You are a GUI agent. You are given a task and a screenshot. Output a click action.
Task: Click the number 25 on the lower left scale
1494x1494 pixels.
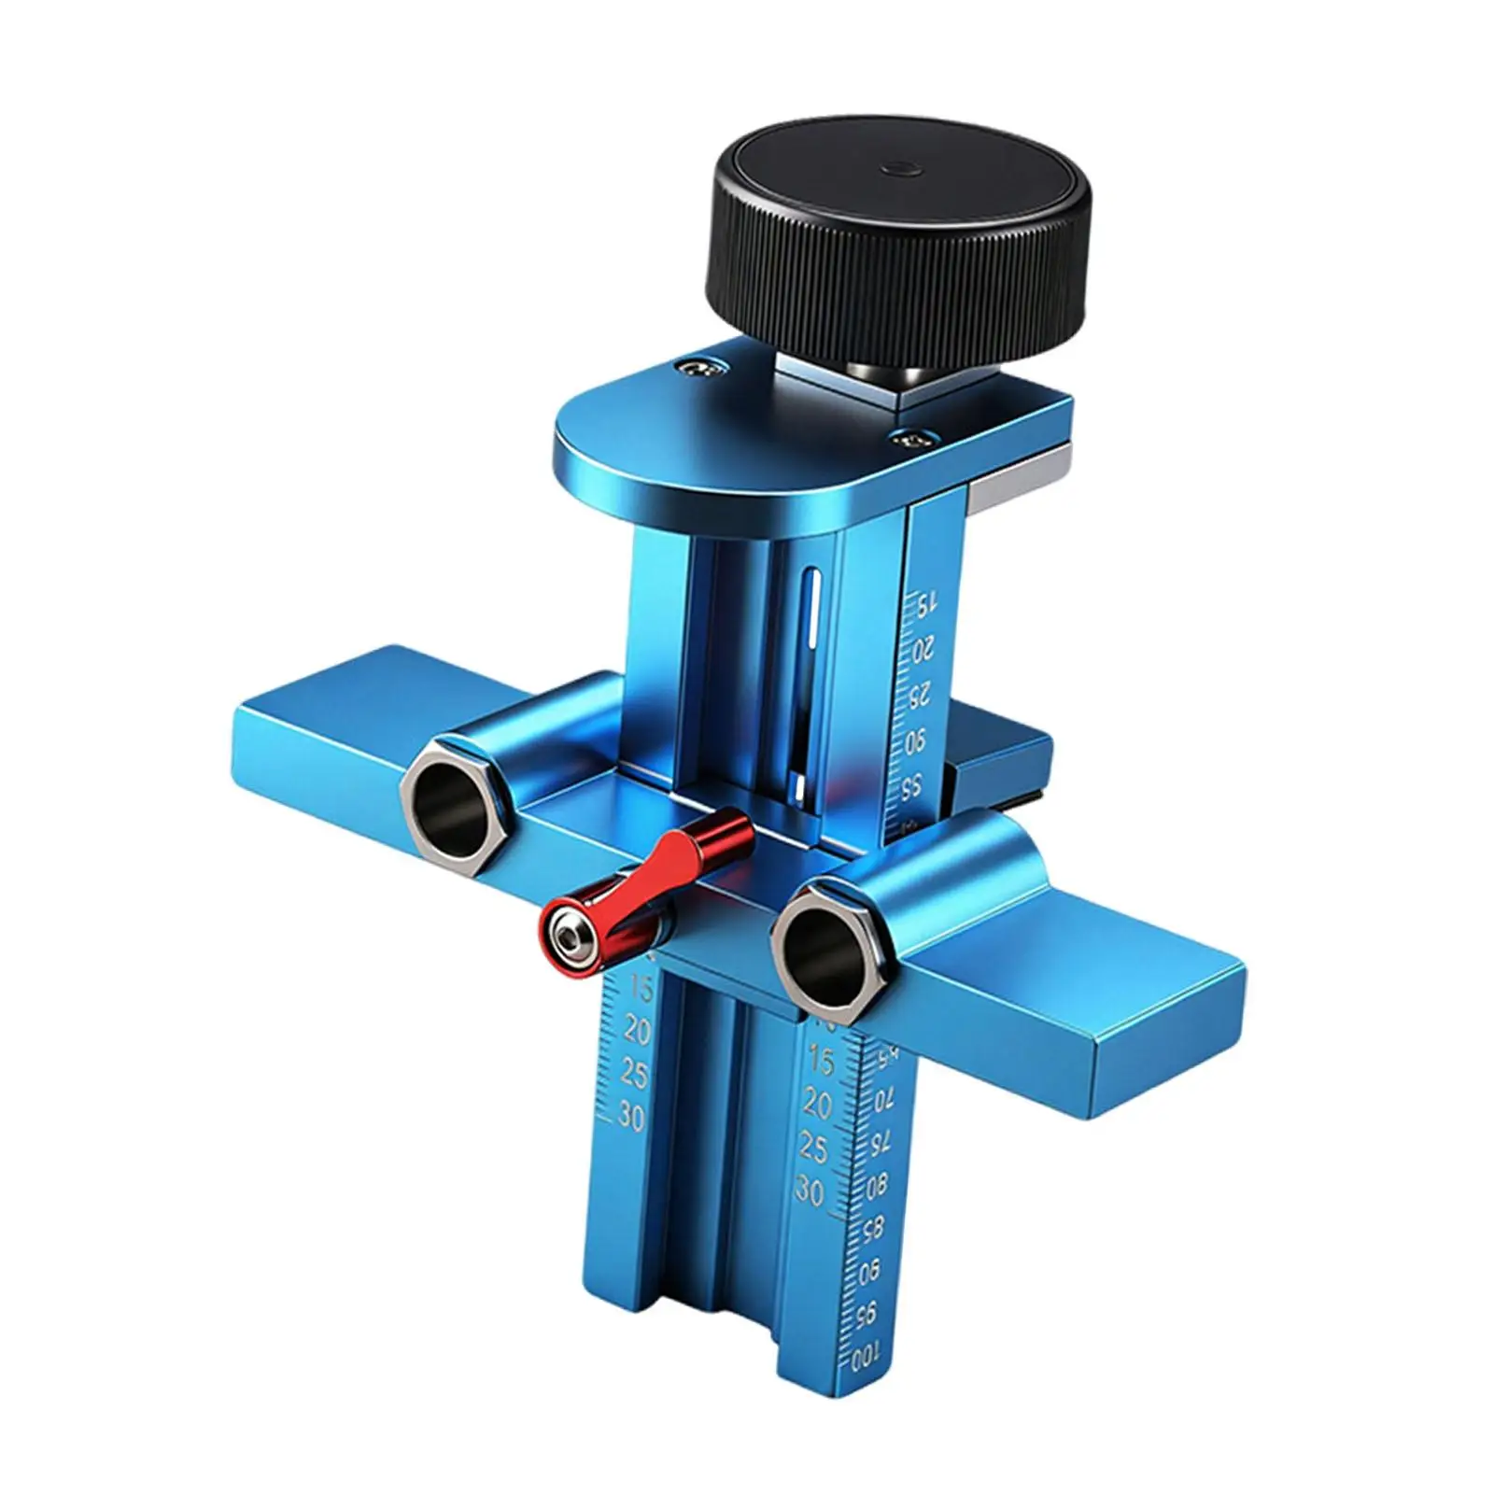coord(635,1074)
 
